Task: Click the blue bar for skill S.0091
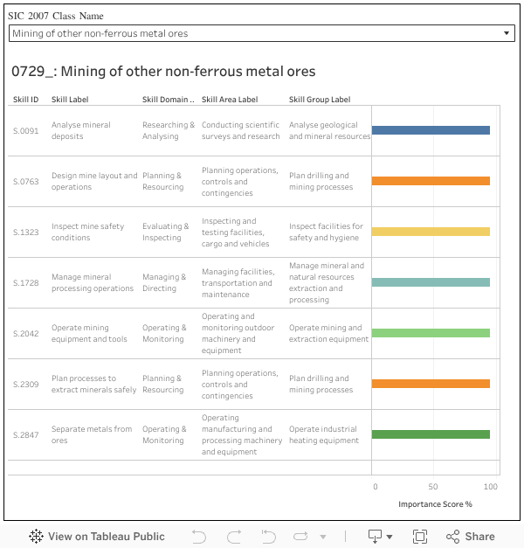(431, 130)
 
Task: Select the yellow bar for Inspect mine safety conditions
(431, 232)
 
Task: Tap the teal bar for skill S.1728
(431, 282)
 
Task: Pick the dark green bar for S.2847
(431, 434)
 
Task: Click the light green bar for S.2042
(431, 333)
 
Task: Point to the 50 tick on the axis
(433, 487)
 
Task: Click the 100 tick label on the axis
(491, 487)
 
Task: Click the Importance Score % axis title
(435, 504)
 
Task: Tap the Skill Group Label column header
(320, 100)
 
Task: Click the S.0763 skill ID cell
(26, 181)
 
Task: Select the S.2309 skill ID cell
(26, 384)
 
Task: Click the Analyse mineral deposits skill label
(81, 130)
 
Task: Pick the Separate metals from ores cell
(92, 434)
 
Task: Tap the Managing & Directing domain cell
(164, 282)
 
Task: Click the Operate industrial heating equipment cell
(324, 434)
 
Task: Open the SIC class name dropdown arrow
(507, 33)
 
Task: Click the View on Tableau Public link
(97, 537)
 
